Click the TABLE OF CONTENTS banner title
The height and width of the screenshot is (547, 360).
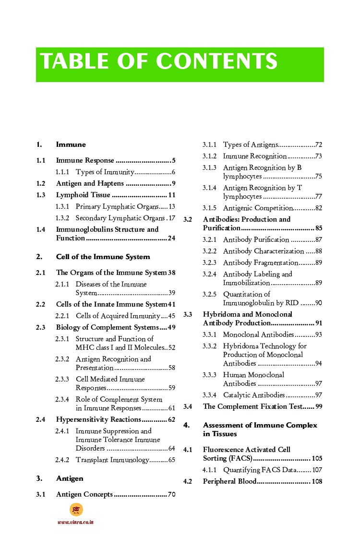(x=159, y=62)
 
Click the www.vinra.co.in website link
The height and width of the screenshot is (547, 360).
(x=75, y=522)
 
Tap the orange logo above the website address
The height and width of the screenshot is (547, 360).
(x=76, y=510)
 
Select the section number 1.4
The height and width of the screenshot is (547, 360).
(x=41, y=229)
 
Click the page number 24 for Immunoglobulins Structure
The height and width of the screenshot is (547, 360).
(x=171, y=238)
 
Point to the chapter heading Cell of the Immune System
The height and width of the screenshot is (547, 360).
(x=103, y=257)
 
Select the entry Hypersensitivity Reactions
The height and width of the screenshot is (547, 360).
(x=98, y=419)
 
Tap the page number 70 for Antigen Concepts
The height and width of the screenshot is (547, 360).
(x=171, y=494)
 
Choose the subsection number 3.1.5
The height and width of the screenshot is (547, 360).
(x=209, y=208)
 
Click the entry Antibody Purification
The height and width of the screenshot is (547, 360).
(x=256, y=239)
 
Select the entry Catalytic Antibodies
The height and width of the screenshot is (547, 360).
(x=254, y=395)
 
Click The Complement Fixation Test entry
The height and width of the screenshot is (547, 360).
(x=252, y=406)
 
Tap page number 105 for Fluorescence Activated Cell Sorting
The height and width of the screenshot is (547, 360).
(x=317, y=458)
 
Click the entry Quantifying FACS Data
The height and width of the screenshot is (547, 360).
(x=259, y=470)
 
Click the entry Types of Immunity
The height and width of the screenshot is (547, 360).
(x=105, y=172)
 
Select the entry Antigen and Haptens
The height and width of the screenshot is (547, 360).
(x=90, y=183)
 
